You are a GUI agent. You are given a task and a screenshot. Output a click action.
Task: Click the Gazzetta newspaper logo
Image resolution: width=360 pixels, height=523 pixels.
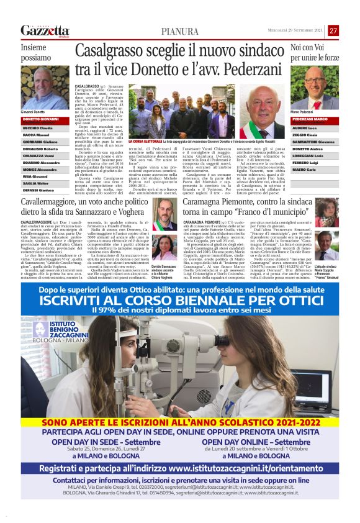(45, 30)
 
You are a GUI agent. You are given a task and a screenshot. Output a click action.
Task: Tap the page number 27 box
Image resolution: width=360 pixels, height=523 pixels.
(333, 30)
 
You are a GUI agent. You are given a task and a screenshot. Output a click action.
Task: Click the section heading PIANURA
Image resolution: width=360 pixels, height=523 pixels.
(180, 31)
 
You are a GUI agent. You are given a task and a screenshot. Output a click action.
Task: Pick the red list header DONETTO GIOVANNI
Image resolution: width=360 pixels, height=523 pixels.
(42, 119)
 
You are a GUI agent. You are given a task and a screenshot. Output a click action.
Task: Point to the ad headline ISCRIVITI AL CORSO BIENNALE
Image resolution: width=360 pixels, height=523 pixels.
(179, 301)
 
